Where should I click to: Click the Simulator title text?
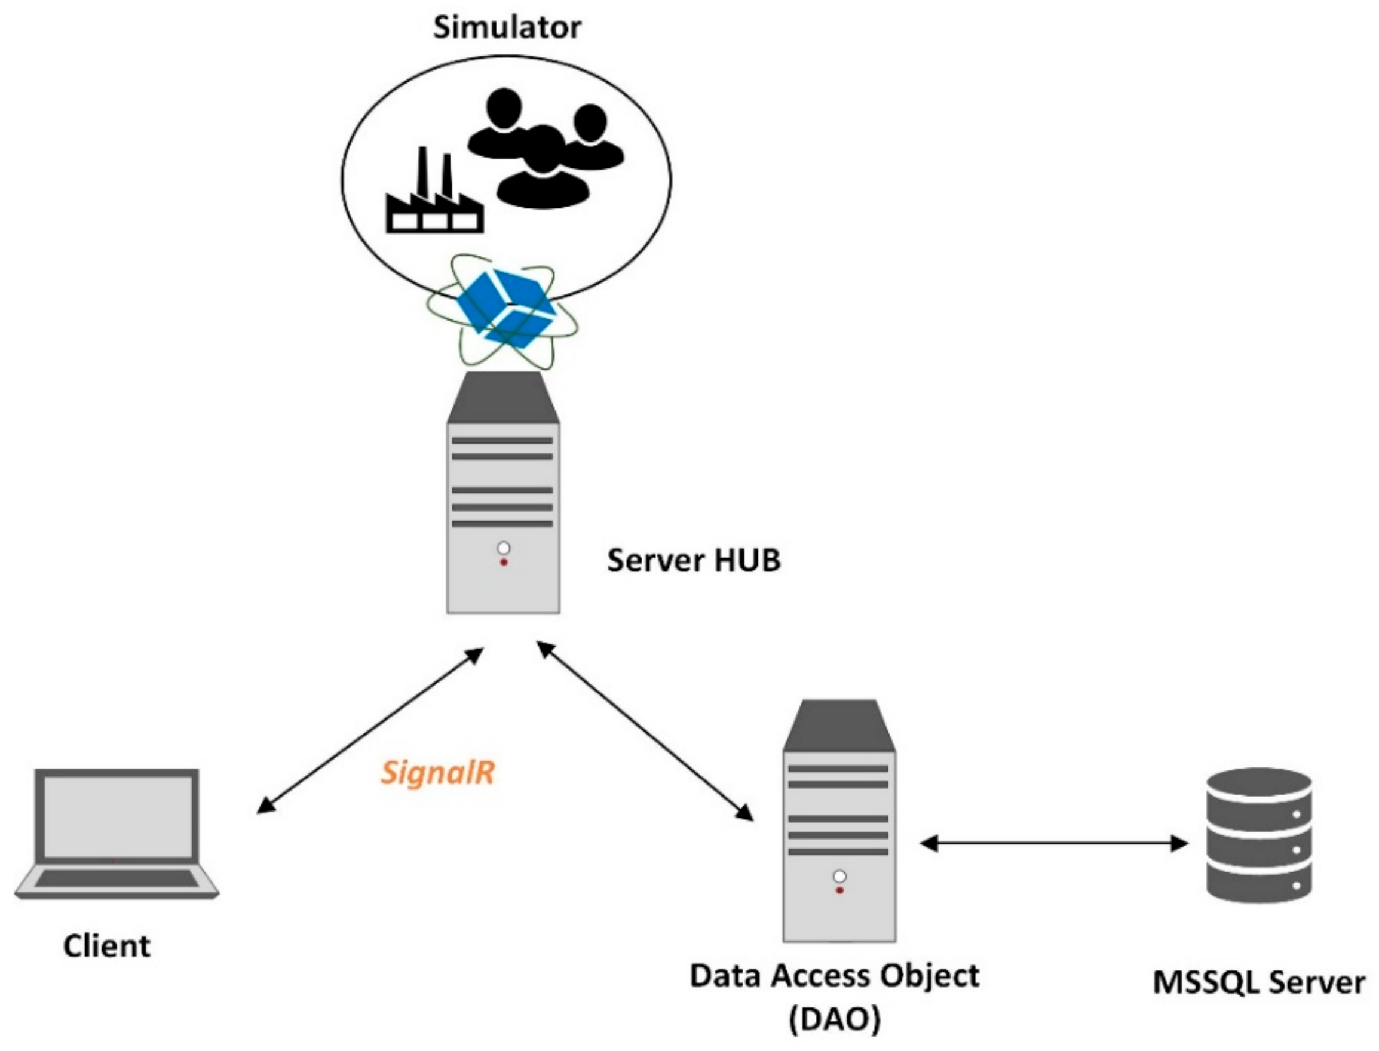click(507, 28)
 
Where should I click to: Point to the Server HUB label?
click(694, 560)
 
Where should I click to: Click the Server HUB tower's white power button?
click(503, 549)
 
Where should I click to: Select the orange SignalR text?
click(437, 773)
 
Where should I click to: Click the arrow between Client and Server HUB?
click(369, 731)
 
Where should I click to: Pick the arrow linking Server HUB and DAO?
click(645, 730)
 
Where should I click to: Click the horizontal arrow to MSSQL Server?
click(1053, 844)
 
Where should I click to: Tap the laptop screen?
click(117, 816)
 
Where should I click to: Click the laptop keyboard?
click(117, 879)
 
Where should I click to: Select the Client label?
click(106, 946)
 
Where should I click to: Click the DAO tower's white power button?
click(840, 876)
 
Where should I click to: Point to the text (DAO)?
click(835, 1020)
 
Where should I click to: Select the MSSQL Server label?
click(1258, 983)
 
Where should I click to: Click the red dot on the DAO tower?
click(840, 890)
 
